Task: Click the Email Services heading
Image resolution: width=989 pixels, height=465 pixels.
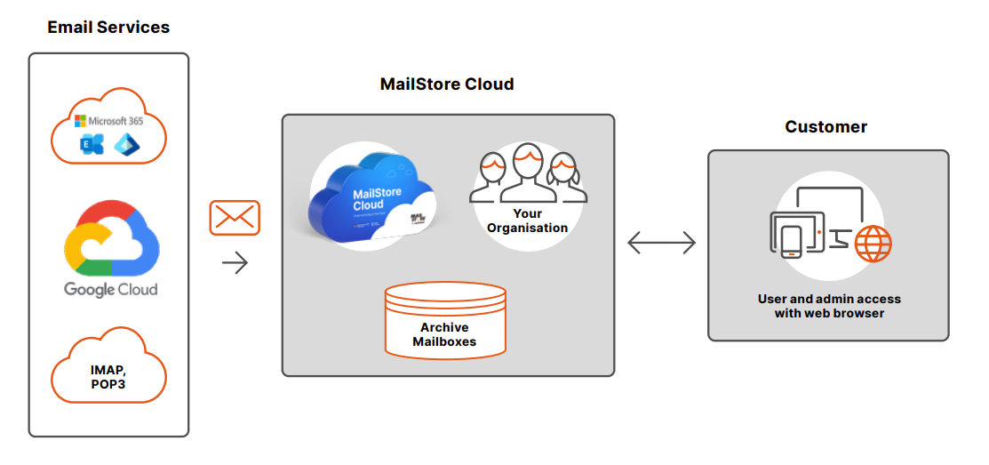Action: pos(108,28)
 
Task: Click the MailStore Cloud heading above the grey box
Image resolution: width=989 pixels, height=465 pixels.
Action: pos(447,84)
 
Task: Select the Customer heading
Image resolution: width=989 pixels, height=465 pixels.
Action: pos(826,127)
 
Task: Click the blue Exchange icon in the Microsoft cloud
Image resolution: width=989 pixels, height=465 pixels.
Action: pos(91,144)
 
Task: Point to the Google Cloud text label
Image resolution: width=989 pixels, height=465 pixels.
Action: pos(111,289)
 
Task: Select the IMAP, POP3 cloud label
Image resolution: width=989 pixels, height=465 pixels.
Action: pos(108,377)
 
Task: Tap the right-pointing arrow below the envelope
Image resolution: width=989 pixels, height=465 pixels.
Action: pos(235,262)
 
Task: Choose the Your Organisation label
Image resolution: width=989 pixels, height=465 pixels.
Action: pos(527,221)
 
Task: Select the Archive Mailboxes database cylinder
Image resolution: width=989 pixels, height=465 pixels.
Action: pos(445,320)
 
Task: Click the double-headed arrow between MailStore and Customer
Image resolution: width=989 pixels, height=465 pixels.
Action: pos(662,242)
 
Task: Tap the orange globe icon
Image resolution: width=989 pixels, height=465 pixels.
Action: pos(873,242)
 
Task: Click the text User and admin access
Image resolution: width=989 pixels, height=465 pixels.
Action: pos(829,299)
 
